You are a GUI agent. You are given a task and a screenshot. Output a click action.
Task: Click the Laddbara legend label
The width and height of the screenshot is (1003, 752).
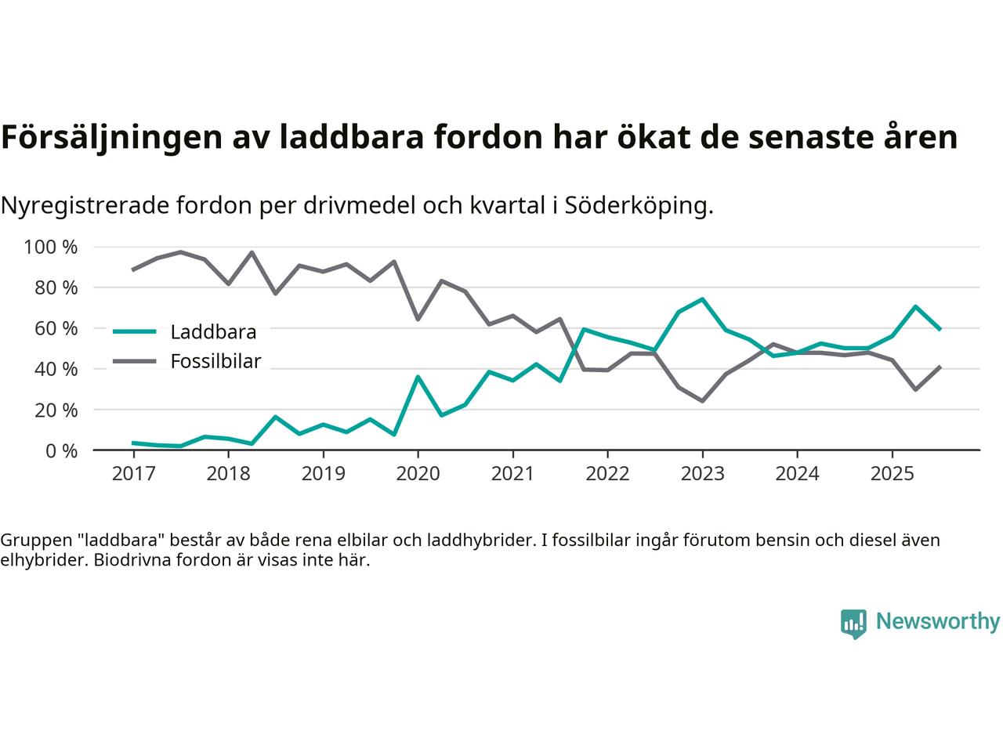pyautogui.click(x=213, y=332)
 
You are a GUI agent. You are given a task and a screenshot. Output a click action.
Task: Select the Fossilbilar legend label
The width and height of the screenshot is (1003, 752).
pyautogui.click(x=215, y=362)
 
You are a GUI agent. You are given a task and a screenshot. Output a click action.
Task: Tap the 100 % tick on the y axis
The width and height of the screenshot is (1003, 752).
pyautogui.click(x=51, y=248)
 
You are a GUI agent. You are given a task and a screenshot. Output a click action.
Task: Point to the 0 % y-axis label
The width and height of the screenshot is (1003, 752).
pyautogui.click(x=61, y=451)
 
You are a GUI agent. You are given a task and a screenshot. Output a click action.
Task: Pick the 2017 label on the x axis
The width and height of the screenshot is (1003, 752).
pyautogui.click(x=133, y=474)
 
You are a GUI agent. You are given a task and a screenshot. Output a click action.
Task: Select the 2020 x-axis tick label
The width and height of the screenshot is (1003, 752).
pyautogui.click(x=418, y=474)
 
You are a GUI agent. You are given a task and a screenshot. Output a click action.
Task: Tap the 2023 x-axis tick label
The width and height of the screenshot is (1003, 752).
pyautogui.click(x=702, y=474)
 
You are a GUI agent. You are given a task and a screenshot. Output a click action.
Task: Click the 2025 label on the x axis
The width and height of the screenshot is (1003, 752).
pyautogui.click(x=892, y=474)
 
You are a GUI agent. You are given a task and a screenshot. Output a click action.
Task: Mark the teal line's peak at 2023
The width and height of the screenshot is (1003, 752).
pyautogui.click(x=702, y=299)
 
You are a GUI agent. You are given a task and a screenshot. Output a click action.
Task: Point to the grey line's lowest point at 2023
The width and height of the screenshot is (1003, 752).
pyautogui.click(x=702, y=401)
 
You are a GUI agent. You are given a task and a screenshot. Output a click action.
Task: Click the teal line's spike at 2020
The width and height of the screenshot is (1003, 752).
pyautogui.click(x=418, y=377)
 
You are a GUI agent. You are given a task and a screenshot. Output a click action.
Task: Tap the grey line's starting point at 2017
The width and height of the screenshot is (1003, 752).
pyautogui.click(x=133, y=270)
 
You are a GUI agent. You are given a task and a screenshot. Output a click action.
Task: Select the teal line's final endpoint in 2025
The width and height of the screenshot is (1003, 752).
pyautogui.click(x=940, y=329)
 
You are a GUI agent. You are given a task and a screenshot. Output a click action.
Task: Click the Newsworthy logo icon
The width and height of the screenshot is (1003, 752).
pyautogui.click(x=853, y=624)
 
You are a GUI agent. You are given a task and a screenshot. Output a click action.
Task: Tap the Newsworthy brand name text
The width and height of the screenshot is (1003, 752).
pyautogui.click(x=938, y=621)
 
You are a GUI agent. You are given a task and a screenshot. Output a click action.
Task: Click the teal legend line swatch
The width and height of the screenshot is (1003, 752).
pyautogui.click(x=135, y=331)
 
